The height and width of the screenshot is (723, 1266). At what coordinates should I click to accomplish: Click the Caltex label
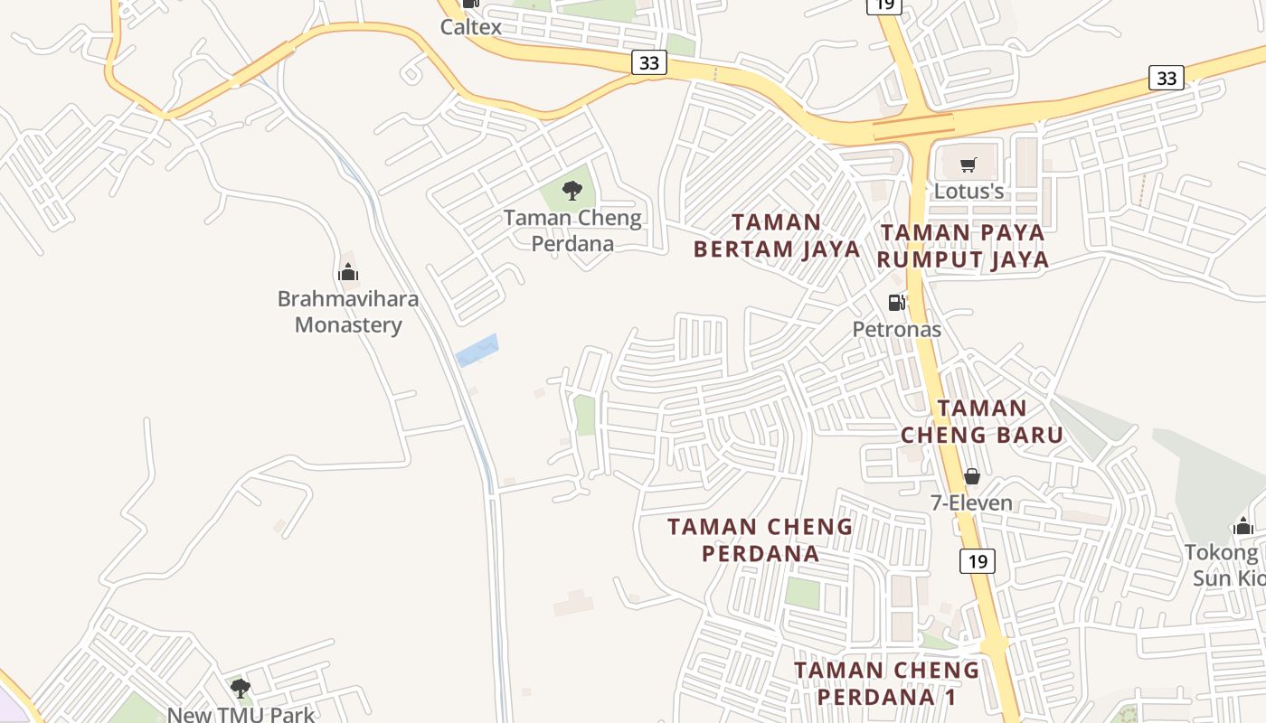[470, 27]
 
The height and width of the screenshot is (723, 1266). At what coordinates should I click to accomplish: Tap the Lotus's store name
[968, 192]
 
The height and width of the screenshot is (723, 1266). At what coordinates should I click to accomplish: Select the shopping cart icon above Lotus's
[968, 164]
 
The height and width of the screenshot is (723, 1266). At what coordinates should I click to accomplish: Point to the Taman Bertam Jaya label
[777, 236]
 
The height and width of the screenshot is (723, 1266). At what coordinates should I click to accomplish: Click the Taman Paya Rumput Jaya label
[963, 246]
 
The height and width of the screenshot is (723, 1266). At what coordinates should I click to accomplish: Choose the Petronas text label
[897, 330]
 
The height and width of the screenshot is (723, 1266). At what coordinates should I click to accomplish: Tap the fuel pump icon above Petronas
[896, 303]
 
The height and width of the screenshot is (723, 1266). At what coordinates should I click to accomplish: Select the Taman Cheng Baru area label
[982, 421]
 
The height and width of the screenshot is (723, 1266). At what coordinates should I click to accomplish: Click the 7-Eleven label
[972, 503]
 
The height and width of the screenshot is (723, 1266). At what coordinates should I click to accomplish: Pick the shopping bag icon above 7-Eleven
[972, 475]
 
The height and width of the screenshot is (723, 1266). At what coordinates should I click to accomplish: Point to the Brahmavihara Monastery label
[348, 312]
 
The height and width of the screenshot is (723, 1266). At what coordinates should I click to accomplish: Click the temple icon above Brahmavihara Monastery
[348, 272]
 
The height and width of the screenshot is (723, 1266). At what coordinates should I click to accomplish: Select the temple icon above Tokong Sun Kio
[1243, 526]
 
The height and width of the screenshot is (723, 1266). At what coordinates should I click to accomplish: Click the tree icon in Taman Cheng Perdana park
[572, 190]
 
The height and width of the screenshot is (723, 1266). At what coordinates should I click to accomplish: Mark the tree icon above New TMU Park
[240, 689]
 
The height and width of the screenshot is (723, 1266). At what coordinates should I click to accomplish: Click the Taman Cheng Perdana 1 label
[886, 683]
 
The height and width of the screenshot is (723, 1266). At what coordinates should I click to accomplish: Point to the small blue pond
[477, 350]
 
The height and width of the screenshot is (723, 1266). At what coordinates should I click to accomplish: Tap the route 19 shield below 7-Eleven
[978, 561]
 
